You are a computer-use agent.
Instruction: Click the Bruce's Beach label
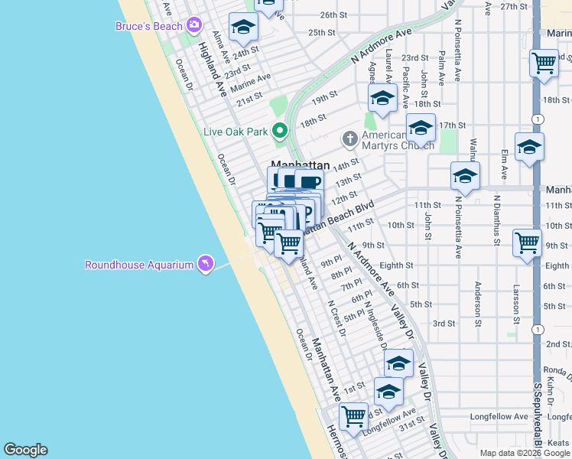pyautogui.click(x=148, y=26)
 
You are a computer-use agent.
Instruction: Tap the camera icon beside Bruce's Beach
pyautogui.click(x=194, y=25)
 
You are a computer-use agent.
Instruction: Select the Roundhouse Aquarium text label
pyautogui.click(x=139, y=265)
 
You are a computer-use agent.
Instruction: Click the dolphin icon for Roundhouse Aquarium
pyautogui.click(x=206, y=265)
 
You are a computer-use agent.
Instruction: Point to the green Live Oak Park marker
pyautogui.click(x=281, y=132)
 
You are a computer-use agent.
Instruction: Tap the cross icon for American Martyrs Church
pyautogui.click(x=350, y=138)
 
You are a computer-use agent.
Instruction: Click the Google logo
pyautogui.click(x=25, y=450)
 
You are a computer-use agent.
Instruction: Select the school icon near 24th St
pyautogui.click(x=244, y=28)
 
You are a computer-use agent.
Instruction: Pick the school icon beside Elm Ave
pyautogui.click(x=529, y=147)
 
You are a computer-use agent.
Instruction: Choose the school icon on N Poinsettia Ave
pyautogui.click(x=465, y=176)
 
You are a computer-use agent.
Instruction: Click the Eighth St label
pyautogui.click(x=396, y=265)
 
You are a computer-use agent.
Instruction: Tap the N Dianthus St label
pyautogui.click(x=496, y=225)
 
